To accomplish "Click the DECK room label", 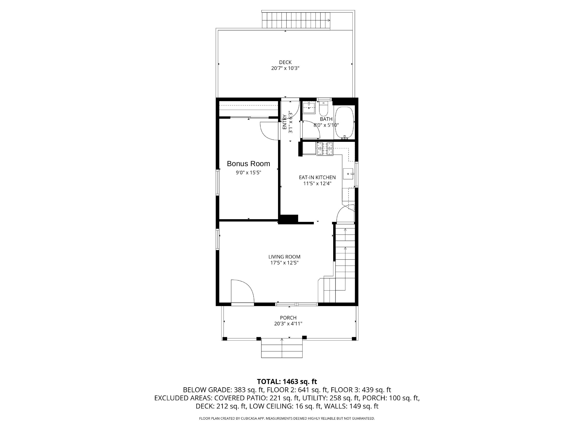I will pos(285,62).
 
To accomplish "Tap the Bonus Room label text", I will pos(248,164).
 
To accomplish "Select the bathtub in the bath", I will pos(344,123).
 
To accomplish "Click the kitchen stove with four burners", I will pos(325,149).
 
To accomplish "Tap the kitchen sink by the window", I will pos(348,174).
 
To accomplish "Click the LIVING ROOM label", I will pos(284,257).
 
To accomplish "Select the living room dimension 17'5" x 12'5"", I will pos(284,263).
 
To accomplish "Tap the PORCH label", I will pos(288,318).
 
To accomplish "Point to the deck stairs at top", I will pos(296,20).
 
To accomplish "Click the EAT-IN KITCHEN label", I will pos(317,177).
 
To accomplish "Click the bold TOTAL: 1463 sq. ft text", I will pos(287,381).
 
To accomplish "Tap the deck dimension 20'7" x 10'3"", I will pos(285,68).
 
